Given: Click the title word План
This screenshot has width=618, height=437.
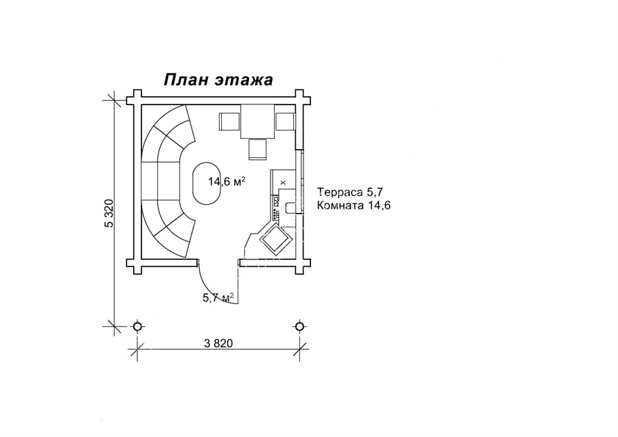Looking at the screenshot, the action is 185,79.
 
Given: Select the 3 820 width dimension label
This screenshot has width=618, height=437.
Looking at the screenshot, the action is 219,344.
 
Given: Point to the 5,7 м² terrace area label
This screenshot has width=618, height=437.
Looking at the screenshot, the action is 218,297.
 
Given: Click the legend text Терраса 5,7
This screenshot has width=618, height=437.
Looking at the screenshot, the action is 350,192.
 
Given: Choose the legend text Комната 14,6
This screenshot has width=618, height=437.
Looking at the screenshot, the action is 354,205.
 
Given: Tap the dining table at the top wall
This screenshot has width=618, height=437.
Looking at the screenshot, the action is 257,121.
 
